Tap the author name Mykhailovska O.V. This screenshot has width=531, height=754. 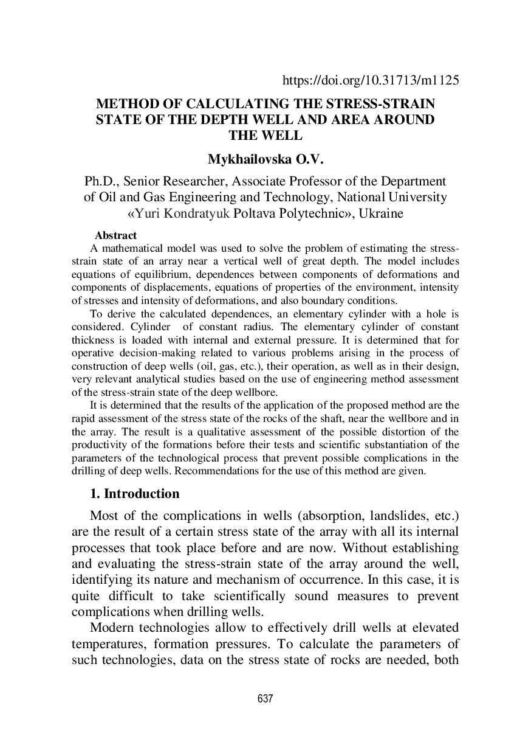[265, 160]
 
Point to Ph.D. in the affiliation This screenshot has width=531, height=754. [101, 182]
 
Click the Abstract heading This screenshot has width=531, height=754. [115, 235]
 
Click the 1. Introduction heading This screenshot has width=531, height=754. [134, 494]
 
